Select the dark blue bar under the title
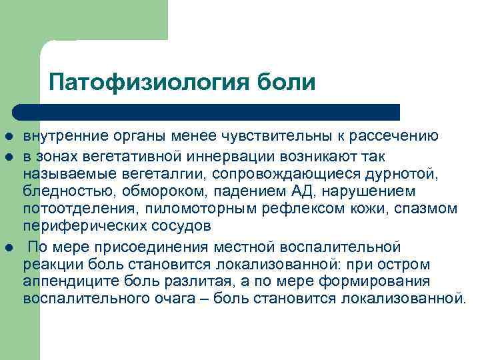[x=207, y=112]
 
